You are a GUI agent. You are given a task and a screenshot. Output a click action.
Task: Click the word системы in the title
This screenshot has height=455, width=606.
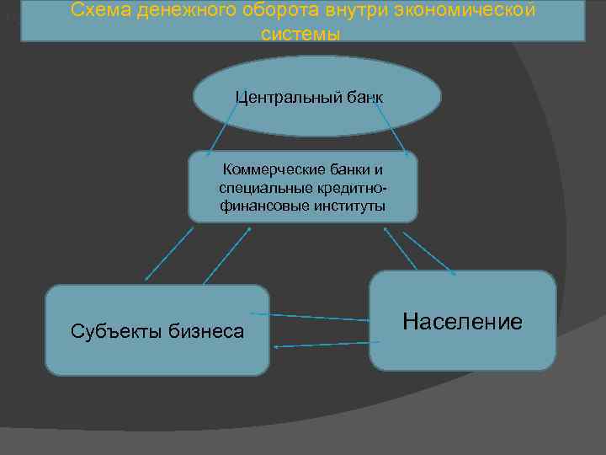(301, 35)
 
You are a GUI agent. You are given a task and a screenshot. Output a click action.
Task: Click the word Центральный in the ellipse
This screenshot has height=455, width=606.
(288, 97)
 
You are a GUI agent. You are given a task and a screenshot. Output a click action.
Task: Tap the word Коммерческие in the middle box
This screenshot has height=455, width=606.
(266, 169)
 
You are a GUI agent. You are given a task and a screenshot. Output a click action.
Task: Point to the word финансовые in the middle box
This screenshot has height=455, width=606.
(263, 205)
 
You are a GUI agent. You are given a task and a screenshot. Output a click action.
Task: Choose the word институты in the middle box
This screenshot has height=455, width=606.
(347, 205)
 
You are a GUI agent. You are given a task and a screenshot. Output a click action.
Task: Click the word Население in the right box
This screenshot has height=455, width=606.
(462, 321)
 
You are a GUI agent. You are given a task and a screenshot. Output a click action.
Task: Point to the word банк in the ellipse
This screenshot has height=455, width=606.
(364, 97)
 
